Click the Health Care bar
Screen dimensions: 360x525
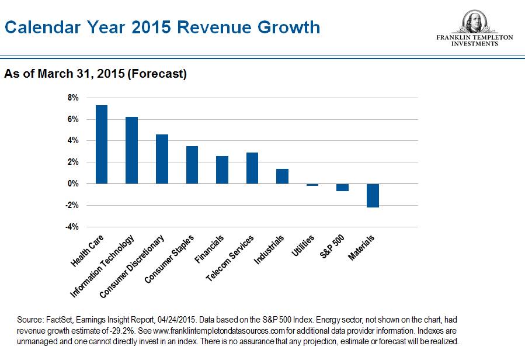(102, 144)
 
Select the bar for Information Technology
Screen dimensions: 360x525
(131, 150)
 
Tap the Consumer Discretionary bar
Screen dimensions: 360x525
(162, 159)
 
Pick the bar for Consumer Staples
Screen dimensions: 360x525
(192, 165)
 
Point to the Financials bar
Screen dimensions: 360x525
(222, 169)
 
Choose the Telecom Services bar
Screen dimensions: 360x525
(252, 168)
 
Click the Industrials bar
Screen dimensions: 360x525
(282, 176)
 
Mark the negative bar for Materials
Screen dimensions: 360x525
(373, 195)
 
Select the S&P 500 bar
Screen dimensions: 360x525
(342, 187)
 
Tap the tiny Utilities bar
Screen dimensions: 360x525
(312, 185)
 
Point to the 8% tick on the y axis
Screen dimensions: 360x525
(74, 98)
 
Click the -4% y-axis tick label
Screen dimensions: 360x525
(72, 227)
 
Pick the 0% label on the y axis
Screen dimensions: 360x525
(74, 184)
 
